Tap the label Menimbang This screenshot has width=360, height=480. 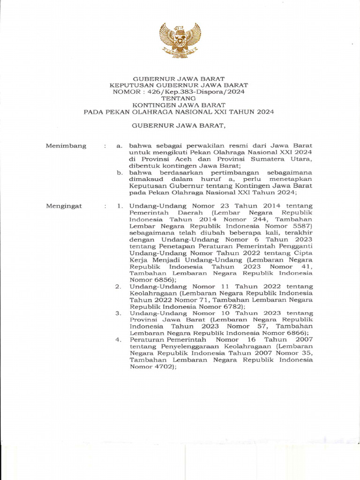coord(66,146)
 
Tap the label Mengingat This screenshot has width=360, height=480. coord(64,206)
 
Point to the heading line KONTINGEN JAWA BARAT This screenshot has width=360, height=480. coord(179,105)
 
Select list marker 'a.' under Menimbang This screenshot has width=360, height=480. coord(120,146)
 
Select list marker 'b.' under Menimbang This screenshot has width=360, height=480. coord(120,172)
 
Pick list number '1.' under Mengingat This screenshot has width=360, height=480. coord(120,206)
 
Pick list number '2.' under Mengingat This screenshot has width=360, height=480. coord(119,286)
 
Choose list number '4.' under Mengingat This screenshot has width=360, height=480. coord(119,340)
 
